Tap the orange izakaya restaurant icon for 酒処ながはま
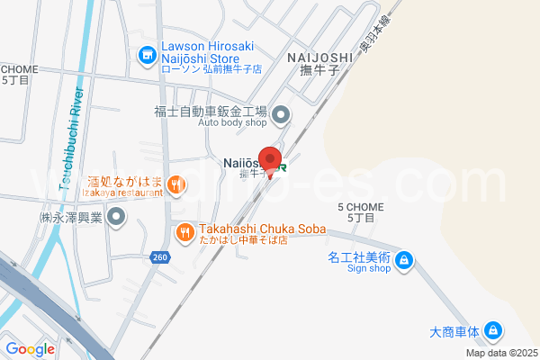175,186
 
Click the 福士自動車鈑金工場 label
210,112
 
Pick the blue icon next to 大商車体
492,331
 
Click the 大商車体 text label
454,330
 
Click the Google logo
29,349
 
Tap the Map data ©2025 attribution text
500,352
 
